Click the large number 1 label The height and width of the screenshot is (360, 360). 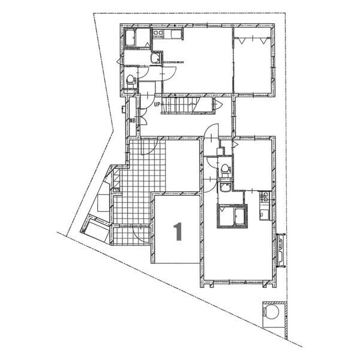178,232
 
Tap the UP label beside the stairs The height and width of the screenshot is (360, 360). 157,104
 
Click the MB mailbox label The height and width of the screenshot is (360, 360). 133,120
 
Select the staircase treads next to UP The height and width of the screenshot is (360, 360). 186,105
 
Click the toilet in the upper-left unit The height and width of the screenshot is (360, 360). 131,79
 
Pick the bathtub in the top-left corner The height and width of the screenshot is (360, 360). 130,38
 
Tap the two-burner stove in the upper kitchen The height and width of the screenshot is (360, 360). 158,33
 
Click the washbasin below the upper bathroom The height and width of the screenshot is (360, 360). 155,58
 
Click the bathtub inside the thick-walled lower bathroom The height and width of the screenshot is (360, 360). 239,216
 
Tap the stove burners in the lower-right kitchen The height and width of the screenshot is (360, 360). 265,197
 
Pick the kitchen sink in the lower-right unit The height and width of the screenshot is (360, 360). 263,214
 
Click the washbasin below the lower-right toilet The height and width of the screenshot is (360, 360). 225,186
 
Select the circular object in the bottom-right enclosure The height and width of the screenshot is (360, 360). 271,311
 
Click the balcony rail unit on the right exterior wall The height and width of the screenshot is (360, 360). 281,250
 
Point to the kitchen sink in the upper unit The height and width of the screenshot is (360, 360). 176,34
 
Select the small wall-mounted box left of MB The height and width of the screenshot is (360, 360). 123,109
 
